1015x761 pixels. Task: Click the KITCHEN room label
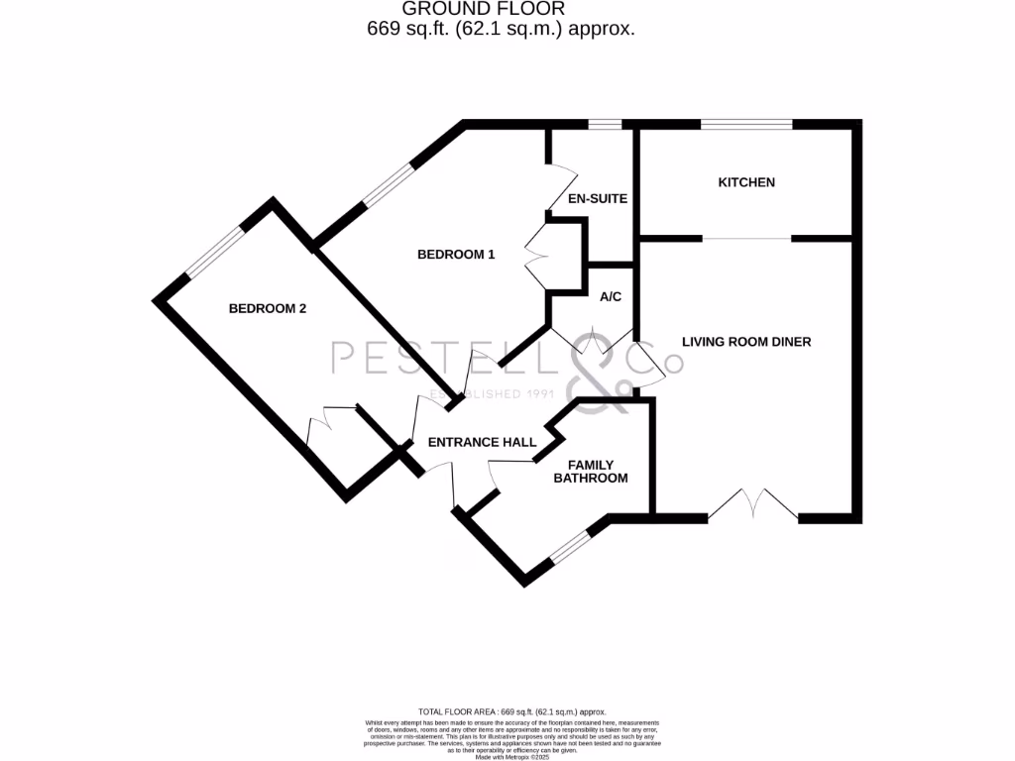click(746, 182)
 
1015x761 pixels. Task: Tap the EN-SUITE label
click(597, 198)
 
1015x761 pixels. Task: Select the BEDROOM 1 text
click(455, 255)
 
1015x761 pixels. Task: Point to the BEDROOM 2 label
click(268, 308)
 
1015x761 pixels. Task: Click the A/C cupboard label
click(611, 296)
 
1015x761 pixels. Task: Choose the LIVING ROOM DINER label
click(746, 342)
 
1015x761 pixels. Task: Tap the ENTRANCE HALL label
click(482, 442)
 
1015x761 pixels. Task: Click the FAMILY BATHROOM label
click(598, 472)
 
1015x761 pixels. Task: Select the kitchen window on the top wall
click(746, 125)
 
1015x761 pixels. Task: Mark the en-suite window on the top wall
click(605, 125)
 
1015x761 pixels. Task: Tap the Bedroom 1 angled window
click(388, 186)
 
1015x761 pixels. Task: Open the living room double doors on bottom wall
click(753, 505)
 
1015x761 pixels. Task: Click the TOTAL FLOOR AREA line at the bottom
click(511, 711)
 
